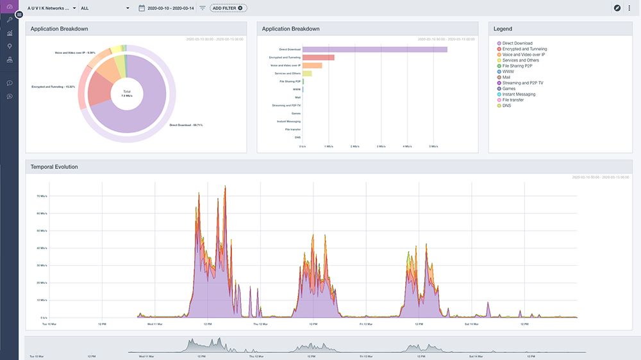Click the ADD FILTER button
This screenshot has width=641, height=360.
[x=228, y=8]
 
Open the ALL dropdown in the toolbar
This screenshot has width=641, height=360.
[x=104, y=8]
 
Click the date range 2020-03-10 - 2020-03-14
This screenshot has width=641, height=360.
[x=171, y=8]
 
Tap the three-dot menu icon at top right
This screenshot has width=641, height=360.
[x=629, y=8]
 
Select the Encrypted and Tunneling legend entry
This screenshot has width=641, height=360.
[x=524, y=49]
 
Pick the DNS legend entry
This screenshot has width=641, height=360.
[x=507, y=106]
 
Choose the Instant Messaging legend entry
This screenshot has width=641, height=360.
[x=519, y=94]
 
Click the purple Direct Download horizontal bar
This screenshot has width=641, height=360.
[x=374, y=49]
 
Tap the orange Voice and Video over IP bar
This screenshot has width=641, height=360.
[x=312, y=65]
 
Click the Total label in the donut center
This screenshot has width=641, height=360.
[x=127, y=92]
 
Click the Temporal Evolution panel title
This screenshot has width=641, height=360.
[x=54, y=167]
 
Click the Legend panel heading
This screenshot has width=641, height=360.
[x=503, y=29]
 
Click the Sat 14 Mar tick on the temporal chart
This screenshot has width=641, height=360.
[x=472, y=324]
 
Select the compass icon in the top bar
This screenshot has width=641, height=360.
[x=617, y=8]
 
